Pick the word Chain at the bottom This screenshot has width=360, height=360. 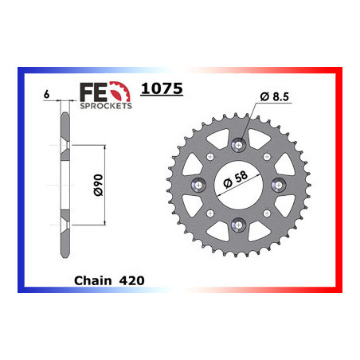pos(90,280)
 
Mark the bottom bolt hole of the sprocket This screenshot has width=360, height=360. pos(238,225)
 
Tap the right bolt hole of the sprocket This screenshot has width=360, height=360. pos(278,185)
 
